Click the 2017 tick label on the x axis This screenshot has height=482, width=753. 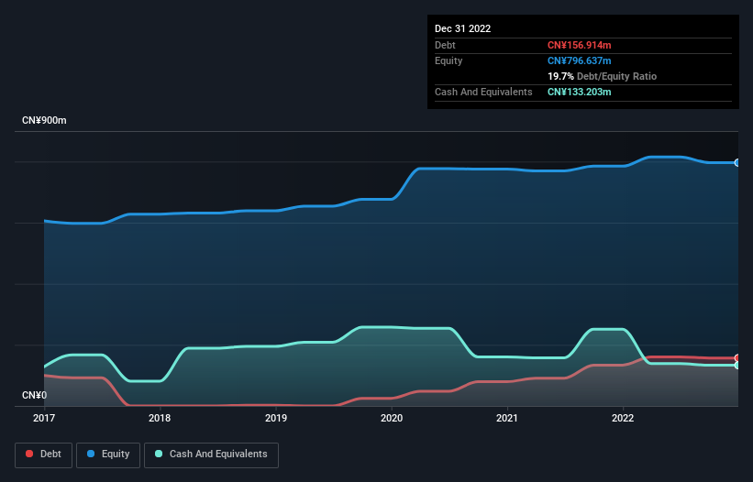[x=44, y=418]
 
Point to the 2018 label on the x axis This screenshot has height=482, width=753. [x=160, y=418]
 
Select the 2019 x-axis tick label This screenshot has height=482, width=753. [x=275, y=418]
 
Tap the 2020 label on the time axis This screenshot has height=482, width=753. [x=392, y=418]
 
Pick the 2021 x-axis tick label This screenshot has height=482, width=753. [x=507, y=418]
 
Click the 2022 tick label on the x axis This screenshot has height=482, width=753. [x=623, y=418]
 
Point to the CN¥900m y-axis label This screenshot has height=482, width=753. [x=45, y=121]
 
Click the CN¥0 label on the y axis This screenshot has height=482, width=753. [x=36, y=396]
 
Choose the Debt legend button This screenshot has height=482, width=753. [x=43, y=454]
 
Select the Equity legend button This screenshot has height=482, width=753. [x=108, y=454]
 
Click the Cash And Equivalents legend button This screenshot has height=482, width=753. [x=211, y=454]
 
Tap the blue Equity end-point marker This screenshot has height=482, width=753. [x=737, y=162]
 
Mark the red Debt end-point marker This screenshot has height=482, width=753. [x=737, y=358]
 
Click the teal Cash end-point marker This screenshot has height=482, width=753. [x=737, y=366]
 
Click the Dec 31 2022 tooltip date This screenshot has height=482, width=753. [x=462, y=28]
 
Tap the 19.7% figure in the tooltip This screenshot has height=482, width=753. [x=560, y=76]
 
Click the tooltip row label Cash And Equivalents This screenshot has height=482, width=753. [x=483, y=92]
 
